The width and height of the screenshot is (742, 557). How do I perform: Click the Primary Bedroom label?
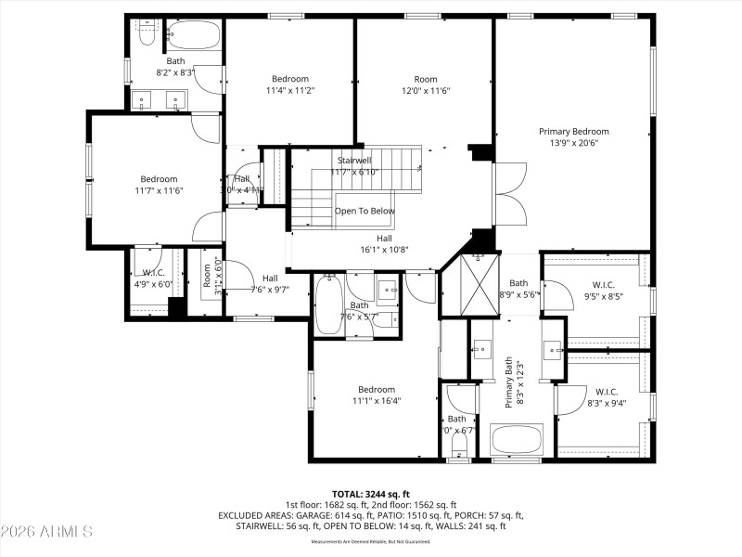click(574, 132)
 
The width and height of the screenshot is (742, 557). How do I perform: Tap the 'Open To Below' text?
click(365, 211)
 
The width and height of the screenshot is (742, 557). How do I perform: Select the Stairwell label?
click(354, 161)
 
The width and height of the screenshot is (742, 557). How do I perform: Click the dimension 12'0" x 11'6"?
click(426, 91)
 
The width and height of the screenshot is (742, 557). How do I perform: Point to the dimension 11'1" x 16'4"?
click(377, 401)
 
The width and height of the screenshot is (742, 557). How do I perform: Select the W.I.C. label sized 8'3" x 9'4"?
click(607, 392)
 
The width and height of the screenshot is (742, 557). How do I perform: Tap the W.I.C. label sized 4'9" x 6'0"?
click(153, 273)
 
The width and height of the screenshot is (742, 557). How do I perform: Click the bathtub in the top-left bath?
click(195, 37)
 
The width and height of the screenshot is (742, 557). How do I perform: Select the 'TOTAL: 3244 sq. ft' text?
click(371, 494)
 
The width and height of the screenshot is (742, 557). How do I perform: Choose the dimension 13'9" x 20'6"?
click(574, 144)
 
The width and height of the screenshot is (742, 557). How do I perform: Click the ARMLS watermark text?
click(46, 532)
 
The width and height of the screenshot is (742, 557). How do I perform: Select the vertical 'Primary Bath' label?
click(508, 384)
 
